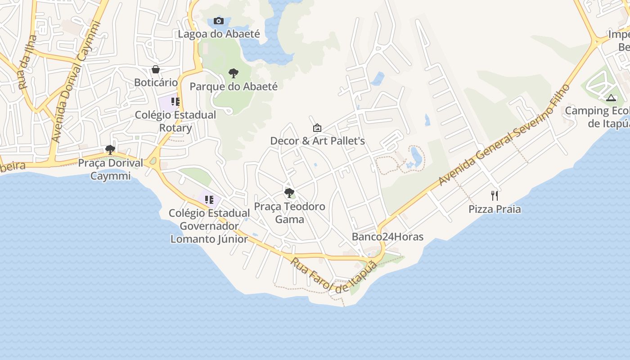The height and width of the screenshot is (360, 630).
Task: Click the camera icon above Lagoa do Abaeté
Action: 219,21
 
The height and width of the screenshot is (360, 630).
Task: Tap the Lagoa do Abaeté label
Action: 219,34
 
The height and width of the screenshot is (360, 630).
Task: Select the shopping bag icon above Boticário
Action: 156,69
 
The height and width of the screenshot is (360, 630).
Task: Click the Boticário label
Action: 156,82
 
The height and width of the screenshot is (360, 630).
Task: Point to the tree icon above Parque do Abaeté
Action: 233,73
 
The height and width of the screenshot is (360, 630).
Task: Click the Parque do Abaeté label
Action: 234,86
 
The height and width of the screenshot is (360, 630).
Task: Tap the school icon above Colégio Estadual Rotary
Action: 175,102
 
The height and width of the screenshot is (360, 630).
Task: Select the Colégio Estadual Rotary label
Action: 175,121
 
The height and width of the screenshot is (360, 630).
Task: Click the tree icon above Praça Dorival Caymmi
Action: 110,149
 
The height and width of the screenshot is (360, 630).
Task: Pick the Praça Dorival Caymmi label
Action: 110,169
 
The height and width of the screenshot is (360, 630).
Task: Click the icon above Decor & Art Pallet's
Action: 317,128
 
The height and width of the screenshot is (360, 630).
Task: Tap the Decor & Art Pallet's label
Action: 317,141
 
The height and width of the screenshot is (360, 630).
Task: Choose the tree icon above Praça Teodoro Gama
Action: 289,193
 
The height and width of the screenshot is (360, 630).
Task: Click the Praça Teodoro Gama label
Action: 289,213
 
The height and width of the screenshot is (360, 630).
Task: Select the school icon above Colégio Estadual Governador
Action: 209,199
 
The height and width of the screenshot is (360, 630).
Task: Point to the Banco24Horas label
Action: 387,237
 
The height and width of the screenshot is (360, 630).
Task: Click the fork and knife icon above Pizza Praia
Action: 495,195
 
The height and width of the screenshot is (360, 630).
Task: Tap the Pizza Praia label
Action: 495,209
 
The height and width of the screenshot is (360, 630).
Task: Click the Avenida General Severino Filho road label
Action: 504,135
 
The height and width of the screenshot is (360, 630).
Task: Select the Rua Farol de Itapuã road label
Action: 333,275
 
